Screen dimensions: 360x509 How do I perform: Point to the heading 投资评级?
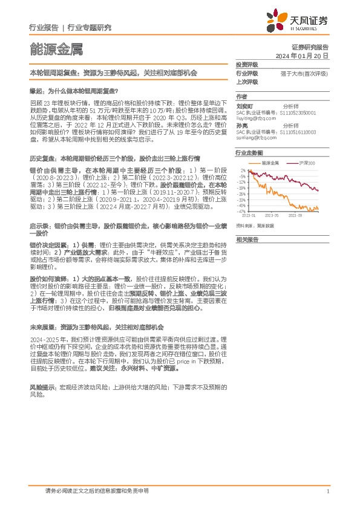pyautogui.click(x=247, y=65)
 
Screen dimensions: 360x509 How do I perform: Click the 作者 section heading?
pyautogui.click(x=241, y=97)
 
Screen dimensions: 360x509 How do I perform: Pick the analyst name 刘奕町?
pyautogui.click(x=244, y=105)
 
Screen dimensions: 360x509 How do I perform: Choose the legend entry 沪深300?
pyautogui.click(x=309, y=164)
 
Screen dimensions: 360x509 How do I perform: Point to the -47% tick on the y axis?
pyautogui.click(x=242, y=212)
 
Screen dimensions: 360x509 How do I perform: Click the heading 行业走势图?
pyautogui.click(x=248, y=154)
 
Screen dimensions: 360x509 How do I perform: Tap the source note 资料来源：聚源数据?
pyautogui.click(x=255, y=225)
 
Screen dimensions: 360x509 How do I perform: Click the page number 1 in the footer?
pyautogui.click(x=327, y=491)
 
